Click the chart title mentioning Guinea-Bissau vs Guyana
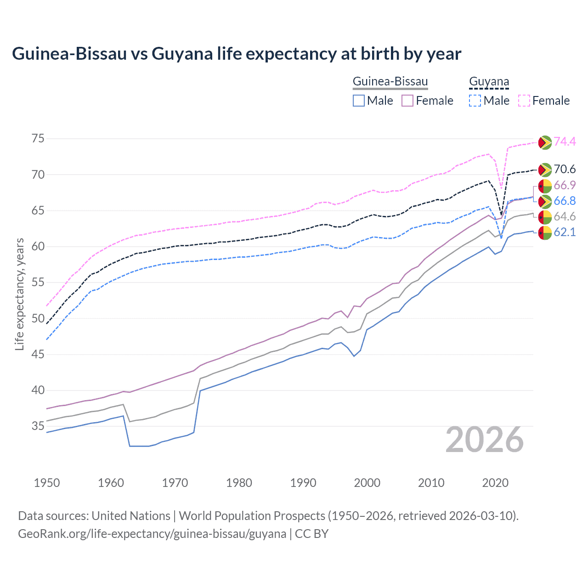[237, 54]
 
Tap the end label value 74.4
[565, 142]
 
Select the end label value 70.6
[565, 170]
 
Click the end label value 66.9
[565, 186]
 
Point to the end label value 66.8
[565, 201]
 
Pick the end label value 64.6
[565, 217]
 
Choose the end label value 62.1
[565, 232]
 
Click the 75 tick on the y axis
[38, 139]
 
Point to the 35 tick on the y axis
[38, 426]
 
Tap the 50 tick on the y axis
[38, 318]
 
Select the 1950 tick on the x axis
[47, 483]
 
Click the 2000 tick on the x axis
[367, 483]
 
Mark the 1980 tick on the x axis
[239, 483]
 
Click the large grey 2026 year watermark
[485, 440]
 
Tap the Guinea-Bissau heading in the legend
[390, 82]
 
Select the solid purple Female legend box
[407, 101]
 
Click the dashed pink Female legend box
[524, 101]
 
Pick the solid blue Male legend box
[359, 101]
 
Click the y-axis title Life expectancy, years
[19, 294]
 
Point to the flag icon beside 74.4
[545, 142]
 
